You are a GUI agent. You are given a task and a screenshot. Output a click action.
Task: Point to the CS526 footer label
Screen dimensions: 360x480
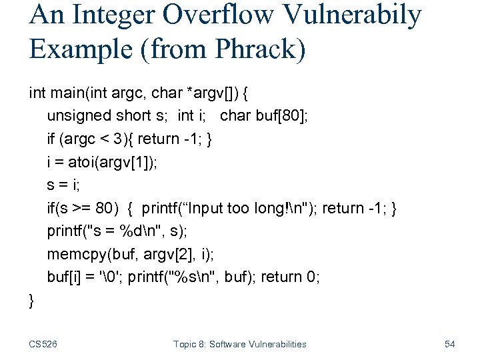coord(44,344)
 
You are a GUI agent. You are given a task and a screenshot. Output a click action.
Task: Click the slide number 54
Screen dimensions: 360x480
coord(449,344)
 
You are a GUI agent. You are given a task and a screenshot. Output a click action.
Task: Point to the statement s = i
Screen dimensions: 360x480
coord(63,185)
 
